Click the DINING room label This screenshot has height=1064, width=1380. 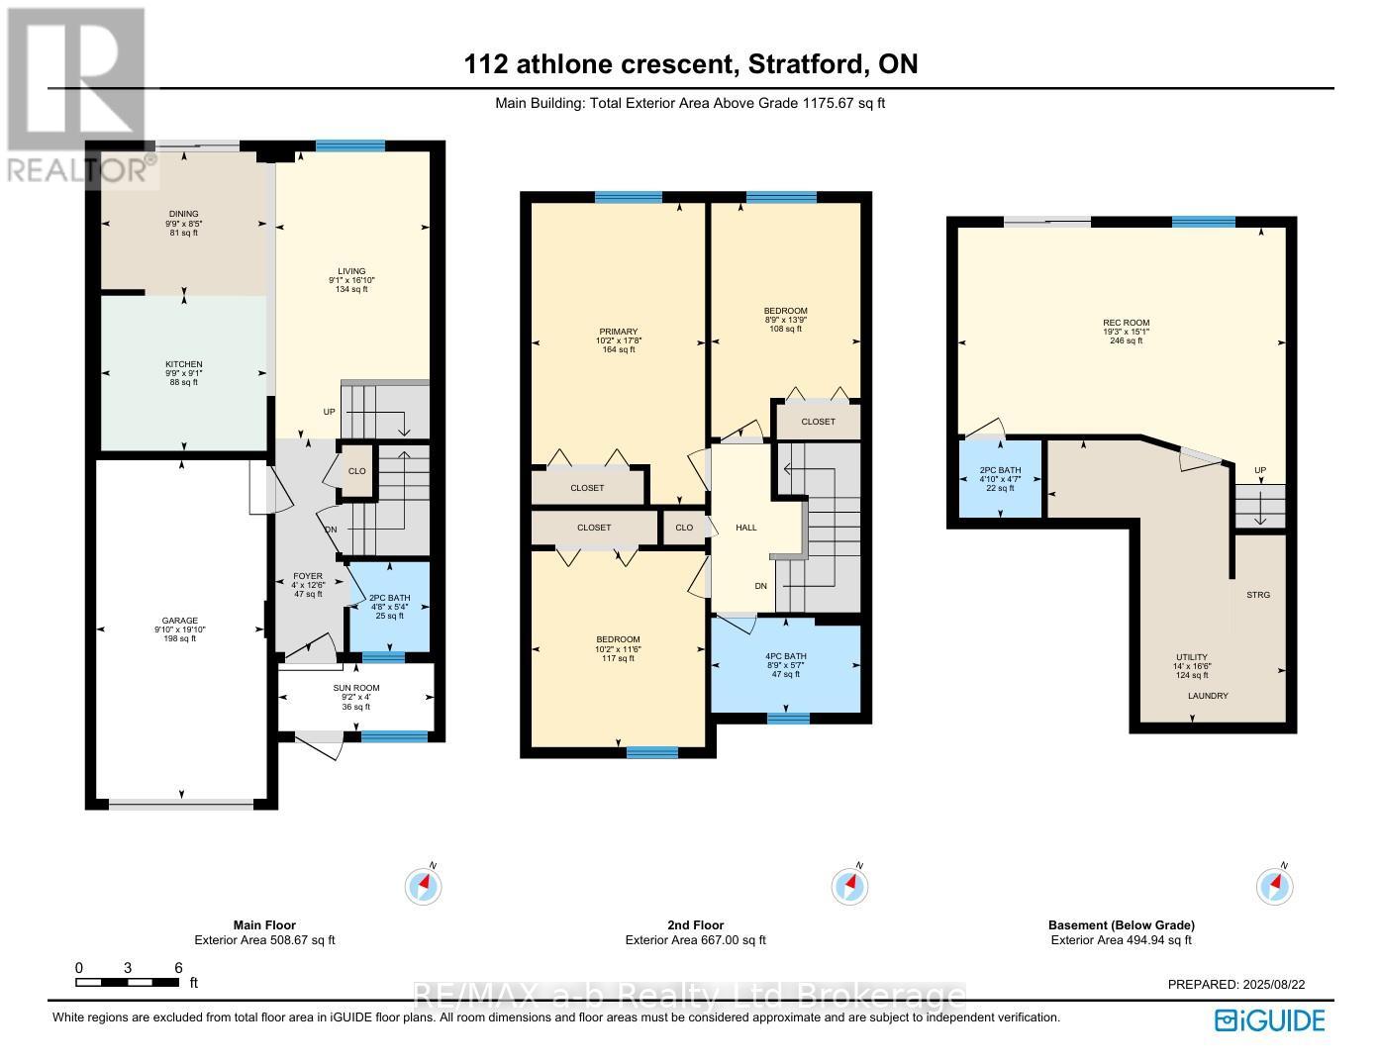[183, 214]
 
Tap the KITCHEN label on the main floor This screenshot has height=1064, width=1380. [183, 364]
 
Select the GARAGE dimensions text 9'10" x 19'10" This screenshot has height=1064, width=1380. [180, 629]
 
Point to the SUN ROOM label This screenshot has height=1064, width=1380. [356, 688]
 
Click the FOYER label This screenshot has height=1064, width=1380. [307, 576]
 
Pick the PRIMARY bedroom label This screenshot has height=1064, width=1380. [618, 332]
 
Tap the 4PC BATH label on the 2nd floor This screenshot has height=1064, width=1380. [786, 656]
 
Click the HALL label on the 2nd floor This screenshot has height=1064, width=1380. [746, 528]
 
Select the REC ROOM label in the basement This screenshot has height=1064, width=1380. [1126, 323]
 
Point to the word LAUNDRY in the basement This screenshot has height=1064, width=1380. [1208, 696]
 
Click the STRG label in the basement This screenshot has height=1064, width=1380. [1258, 595]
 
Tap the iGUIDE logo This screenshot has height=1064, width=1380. [1270, 1020]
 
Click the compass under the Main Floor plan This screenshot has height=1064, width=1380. [423, 885]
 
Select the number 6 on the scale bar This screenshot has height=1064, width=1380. [178, 968]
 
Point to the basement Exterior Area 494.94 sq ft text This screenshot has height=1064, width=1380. [1121, 940]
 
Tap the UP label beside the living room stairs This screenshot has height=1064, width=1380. [329, 412]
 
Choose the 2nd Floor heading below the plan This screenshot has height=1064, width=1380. [695, 925]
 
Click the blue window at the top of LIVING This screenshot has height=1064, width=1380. [350, 145]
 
